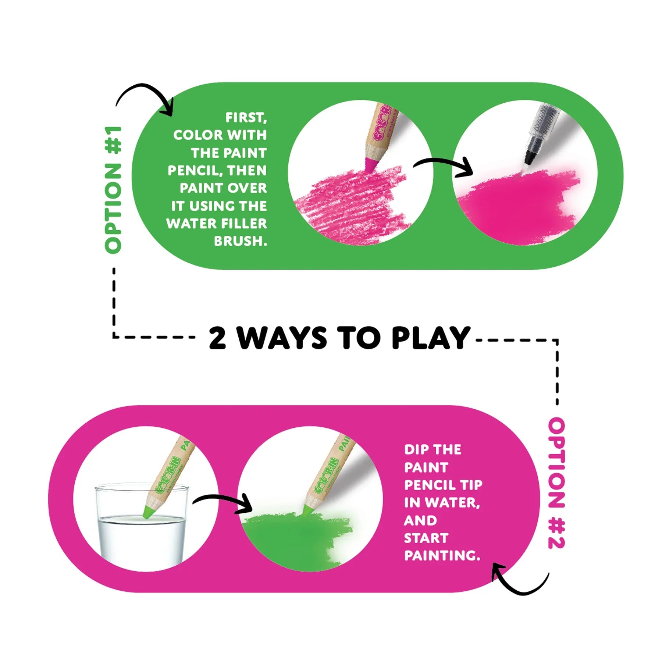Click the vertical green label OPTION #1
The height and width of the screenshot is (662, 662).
(113, 190)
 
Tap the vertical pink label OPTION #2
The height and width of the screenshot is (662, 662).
(556, 483)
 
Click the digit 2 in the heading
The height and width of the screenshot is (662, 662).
(217, 338)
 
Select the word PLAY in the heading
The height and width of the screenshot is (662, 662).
(431, 338)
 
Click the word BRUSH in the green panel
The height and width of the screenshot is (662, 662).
(241, 241)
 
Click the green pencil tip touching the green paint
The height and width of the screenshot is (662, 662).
(308, 509)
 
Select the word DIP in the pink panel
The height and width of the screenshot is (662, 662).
(416, 449)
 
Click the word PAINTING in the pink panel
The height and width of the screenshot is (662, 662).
(442, 556)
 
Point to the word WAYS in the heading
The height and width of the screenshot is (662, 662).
(282, 338)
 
